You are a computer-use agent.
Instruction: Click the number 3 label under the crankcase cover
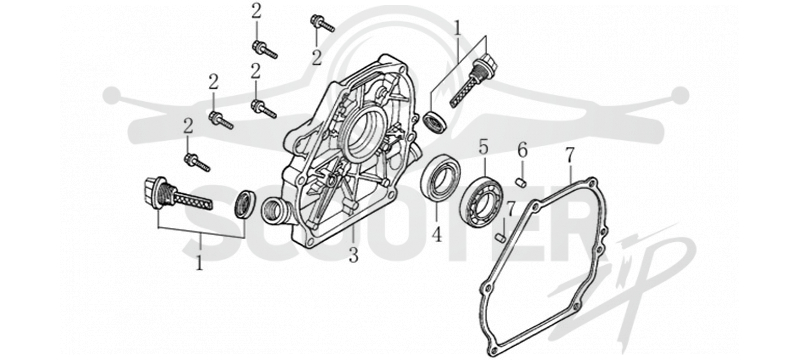354,254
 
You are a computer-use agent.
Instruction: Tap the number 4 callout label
437,234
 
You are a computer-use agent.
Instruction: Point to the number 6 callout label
522,150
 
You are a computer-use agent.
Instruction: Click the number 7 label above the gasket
569,157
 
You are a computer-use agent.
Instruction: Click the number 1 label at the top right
458,29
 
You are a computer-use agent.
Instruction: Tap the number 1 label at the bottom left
200,262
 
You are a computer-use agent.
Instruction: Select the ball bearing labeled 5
481,201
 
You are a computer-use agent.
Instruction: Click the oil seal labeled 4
440,178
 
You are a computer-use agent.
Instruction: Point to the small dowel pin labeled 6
521,182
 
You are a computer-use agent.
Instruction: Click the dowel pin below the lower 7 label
501,237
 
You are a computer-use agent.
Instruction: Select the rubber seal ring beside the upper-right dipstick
434,122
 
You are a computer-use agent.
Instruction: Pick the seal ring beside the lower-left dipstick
244,204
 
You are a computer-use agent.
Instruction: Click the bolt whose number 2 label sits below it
322,23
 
